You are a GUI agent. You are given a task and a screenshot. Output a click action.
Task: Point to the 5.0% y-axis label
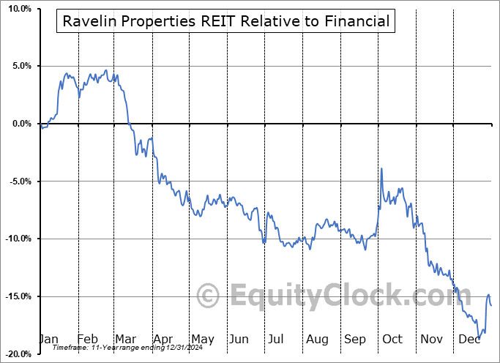pyautogui.click(x=18, y=66)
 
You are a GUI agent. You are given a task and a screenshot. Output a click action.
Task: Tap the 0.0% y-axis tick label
pyautogui.click(x=18, y=124)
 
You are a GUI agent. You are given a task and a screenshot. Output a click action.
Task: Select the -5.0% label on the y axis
pyautogui.click(x=16, y=181)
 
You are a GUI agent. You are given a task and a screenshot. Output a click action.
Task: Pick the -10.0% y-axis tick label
pyautogui.click(x=15, y=239)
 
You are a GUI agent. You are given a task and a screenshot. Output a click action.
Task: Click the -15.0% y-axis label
pyautogui.click(x=15, y=296)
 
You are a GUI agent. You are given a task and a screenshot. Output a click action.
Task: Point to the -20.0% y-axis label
pyautogui.click(x=15, y=353)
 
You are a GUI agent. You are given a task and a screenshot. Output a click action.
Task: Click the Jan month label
pyautogui.click(x=48, y=339)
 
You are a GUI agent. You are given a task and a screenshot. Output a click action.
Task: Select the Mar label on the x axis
pyautogui.click(x=126, y=339)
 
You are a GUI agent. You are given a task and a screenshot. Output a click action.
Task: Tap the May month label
pyautogui.click(x=202, y=339)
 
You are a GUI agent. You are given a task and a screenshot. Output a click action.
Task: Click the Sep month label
pyautogui.click(x=354, y=339)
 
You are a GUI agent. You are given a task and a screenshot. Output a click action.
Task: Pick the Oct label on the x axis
pyautogui.click(x=392, y=339)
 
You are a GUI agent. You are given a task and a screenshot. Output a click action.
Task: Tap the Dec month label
pyautogui.click(x=469, y=339)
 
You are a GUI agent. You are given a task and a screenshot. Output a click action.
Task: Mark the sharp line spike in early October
pyautogui.click(x=381, y=169)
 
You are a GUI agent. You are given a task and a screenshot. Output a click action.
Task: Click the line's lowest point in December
pyautogui.click(x=480, y=337)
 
